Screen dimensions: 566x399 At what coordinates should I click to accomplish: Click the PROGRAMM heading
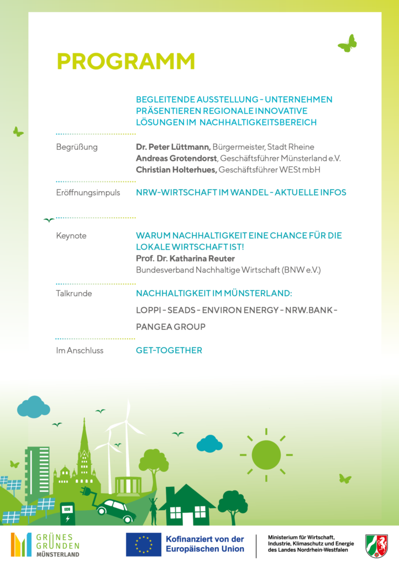[126, 61]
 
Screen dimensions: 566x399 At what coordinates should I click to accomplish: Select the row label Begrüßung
[77, 147]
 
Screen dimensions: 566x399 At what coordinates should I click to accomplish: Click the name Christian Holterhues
[176, 170]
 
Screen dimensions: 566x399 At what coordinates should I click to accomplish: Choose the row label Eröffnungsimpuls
[88, 192]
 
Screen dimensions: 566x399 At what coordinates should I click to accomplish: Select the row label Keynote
[71, 235]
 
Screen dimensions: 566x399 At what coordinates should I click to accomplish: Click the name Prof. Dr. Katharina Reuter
[185, 259]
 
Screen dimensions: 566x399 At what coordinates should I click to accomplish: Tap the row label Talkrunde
[74, 294]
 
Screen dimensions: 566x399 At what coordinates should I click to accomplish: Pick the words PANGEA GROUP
[171, 327]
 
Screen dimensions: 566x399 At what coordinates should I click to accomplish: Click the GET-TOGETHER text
[169, 350]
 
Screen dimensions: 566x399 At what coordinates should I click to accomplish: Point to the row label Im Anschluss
[80, 350]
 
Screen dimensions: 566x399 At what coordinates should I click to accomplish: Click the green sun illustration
[266, 454]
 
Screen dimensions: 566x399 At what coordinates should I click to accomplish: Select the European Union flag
[143, 544]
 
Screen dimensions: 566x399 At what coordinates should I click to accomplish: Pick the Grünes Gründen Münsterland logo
[45, 544]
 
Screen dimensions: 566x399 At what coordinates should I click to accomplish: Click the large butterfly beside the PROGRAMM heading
[348, 44]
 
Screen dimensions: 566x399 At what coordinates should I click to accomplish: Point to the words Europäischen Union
[205, 549]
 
